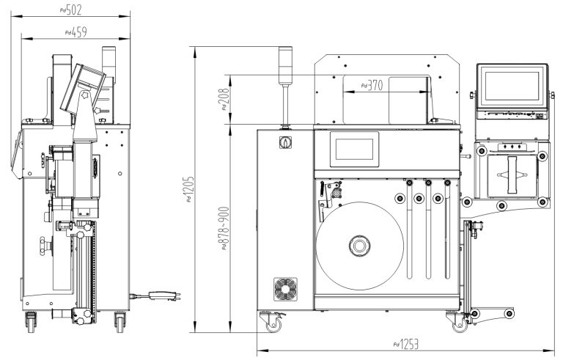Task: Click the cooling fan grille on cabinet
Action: click(x=283, y=289)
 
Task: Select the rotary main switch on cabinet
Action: click(x=283, y=142)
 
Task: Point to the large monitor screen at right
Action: click(x=512, y=87)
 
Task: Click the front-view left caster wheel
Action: click(x=279, y=320)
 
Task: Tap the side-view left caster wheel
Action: click(x=32, y=320)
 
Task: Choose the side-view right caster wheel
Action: click(x=119, y=320)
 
